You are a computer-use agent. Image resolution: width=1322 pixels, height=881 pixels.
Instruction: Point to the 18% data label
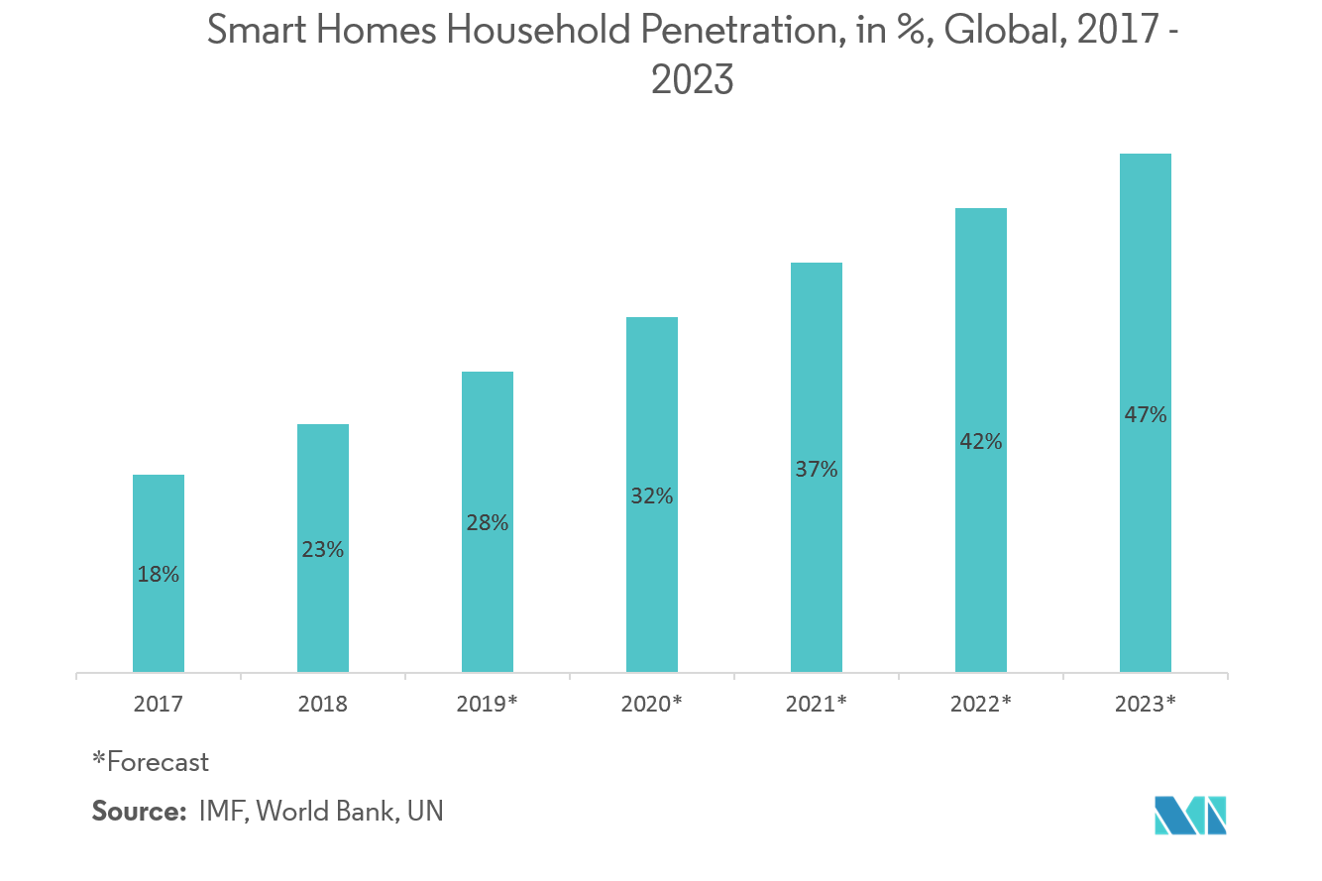[x=159, y=574]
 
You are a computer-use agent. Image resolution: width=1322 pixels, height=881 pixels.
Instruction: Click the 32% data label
[x=652, y=496]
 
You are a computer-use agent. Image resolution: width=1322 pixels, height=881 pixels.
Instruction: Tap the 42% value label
[x=981, y=442]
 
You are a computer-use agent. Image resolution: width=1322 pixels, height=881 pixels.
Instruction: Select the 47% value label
[x=1146, y=415]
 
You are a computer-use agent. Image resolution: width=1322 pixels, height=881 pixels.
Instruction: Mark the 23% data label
[x=323, y=548]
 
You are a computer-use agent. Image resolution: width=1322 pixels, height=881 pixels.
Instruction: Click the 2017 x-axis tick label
[x=159, y=705]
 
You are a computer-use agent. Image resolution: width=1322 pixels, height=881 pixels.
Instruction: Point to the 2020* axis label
[x=652, y=705]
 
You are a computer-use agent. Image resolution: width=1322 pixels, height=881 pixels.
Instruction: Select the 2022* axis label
[x=981, y=705]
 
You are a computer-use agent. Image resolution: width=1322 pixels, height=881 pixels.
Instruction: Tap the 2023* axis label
[x=1146, y=705]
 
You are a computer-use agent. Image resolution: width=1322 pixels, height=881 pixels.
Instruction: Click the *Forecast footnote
[x=151, y=762]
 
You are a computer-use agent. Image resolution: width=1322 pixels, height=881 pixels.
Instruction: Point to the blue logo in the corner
[x=1191, y=816]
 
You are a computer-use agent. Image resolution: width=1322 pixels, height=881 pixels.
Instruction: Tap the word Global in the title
[x=1009, y=32]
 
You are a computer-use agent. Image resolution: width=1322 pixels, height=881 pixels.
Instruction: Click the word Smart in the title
[x=257, y=32]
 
